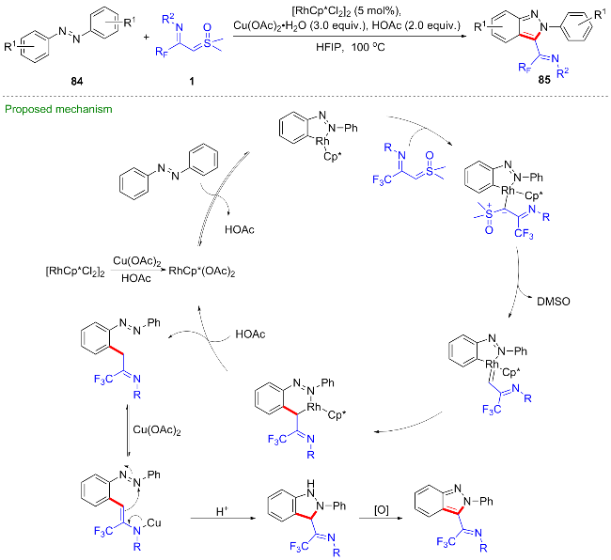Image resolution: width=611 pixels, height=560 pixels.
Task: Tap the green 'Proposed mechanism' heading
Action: [59, 109]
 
